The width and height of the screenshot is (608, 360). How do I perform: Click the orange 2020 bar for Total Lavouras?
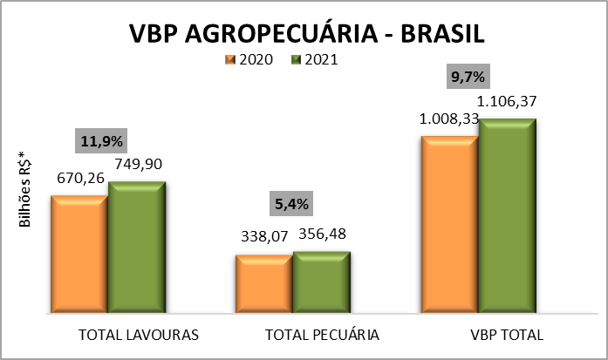79,253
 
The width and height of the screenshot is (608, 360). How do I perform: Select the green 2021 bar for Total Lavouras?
136,247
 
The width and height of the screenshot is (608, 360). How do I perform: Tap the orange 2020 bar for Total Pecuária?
263,283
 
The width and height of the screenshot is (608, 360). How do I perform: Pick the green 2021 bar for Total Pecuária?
320,282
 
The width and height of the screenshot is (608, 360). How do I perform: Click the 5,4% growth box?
290,205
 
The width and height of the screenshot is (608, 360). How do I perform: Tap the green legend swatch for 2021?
295,60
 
